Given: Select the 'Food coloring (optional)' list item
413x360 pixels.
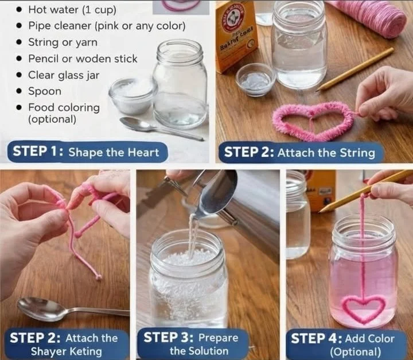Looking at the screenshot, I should (x=64, y=113).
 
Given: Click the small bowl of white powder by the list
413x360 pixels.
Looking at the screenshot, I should (x=133, y=95).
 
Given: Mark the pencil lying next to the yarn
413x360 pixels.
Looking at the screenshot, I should (x=356, y=69).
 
